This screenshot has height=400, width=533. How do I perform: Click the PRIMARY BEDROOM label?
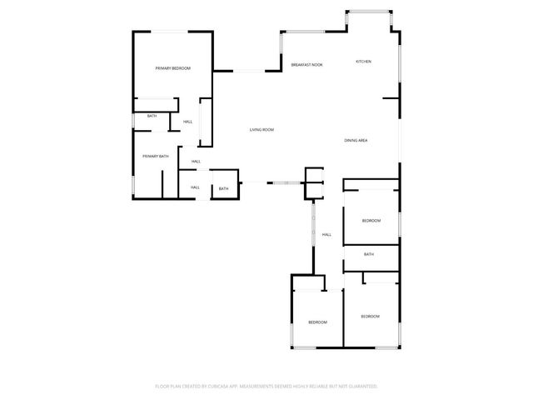(x=173, y=68)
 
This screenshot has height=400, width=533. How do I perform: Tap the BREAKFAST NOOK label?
(x=307, y=64)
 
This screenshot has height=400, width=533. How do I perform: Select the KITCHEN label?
(x=363, y=62)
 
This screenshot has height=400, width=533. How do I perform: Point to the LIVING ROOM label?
(x=262, y=130)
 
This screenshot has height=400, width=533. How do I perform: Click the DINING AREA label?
(x=356, y=141)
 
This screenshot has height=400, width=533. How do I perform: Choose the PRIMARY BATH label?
(x=155, y=157)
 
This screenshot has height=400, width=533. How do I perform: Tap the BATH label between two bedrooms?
(x=368, y=254)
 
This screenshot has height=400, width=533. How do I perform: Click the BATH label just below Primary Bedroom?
(x=152, y=116)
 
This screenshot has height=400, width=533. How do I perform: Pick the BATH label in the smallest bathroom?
(x=223, y=189)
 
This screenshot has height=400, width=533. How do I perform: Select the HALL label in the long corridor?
(x=326, y=234)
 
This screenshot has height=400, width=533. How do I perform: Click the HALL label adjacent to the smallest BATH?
(x=195, y=187)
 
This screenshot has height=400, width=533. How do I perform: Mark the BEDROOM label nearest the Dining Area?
(x=371, y=221)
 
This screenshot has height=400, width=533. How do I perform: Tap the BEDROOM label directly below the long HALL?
(x=317, y=322)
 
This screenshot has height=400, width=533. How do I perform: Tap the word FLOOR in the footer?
(x=163, y=387)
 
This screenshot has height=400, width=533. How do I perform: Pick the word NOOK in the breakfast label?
(x=317, y=64)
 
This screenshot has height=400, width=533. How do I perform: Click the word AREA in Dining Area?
(x=363, y=141)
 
